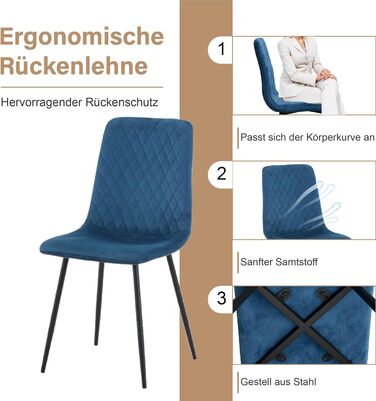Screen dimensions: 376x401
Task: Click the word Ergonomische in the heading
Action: [x=82, y=38]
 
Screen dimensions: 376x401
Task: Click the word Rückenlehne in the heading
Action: [x=74, y=65]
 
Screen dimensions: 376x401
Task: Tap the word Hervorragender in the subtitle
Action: [x=41, y=103]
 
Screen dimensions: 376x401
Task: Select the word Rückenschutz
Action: [x=122, y=102]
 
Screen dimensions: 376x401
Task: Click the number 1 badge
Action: [x=221, y=49]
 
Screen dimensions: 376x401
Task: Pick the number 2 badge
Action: [x=221, y=174]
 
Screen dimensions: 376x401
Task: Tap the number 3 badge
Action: [x=221, y=298]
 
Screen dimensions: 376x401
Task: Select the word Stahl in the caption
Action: [x=305, y=382]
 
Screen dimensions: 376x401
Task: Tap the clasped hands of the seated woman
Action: [x=324, y=75]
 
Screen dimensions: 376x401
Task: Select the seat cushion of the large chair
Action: [x=110, y=245]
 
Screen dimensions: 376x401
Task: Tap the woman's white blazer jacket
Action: [x=298, y=67]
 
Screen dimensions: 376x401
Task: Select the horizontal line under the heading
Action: [x=82, y=87]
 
